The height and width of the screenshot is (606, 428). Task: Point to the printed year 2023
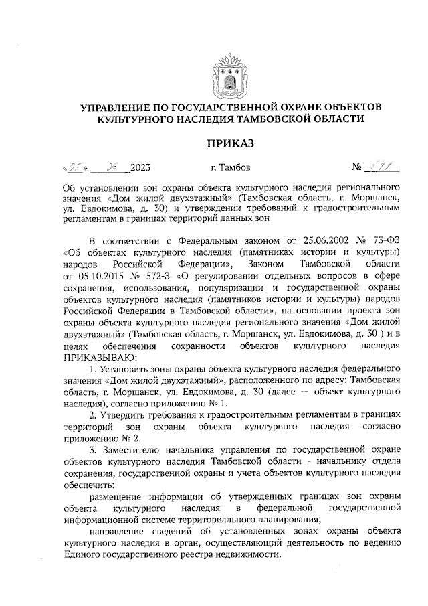tap(141, 167)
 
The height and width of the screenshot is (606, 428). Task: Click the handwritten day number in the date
tap(72, 166)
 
